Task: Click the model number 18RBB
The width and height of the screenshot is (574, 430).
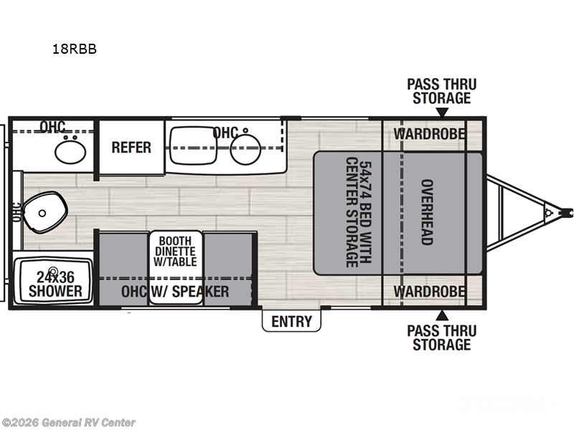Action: (x=74, y=49)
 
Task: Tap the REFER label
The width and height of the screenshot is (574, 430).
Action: (x=131, y=148)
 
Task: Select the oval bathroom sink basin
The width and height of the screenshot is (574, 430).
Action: (x=70, y=151)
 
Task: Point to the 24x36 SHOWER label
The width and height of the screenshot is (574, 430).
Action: (x=55, y=284)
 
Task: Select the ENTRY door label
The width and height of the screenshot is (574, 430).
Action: (x=291, y=321)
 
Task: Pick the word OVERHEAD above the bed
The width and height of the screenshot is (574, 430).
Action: (x=426, y=212)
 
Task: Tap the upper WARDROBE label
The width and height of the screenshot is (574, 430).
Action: (x=429, y=134)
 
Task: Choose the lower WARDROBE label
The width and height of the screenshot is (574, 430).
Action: (x=429, y=292)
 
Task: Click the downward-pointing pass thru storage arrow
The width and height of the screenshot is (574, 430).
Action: (x=443, y=113)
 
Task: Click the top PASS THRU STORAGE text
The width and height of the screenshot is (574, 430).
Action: (x=441, y=91)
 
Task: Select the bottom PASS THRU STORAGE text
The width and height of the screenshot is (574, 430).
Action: (x=441, y=338)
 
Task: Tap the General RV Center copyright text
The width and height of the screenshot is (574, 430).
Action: (x=68, y=423)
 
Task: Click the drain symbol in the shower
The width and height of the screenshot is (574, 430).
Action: (x=52, y=272)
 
